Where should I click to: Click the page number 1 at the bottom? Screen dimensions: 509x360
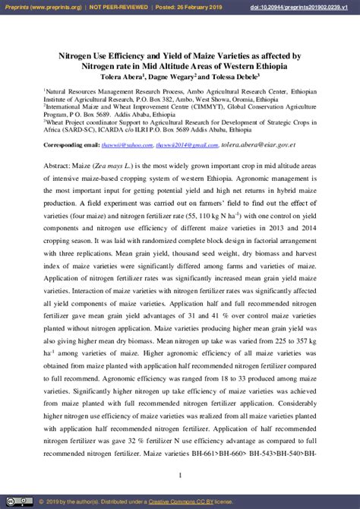click(179, 476)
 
